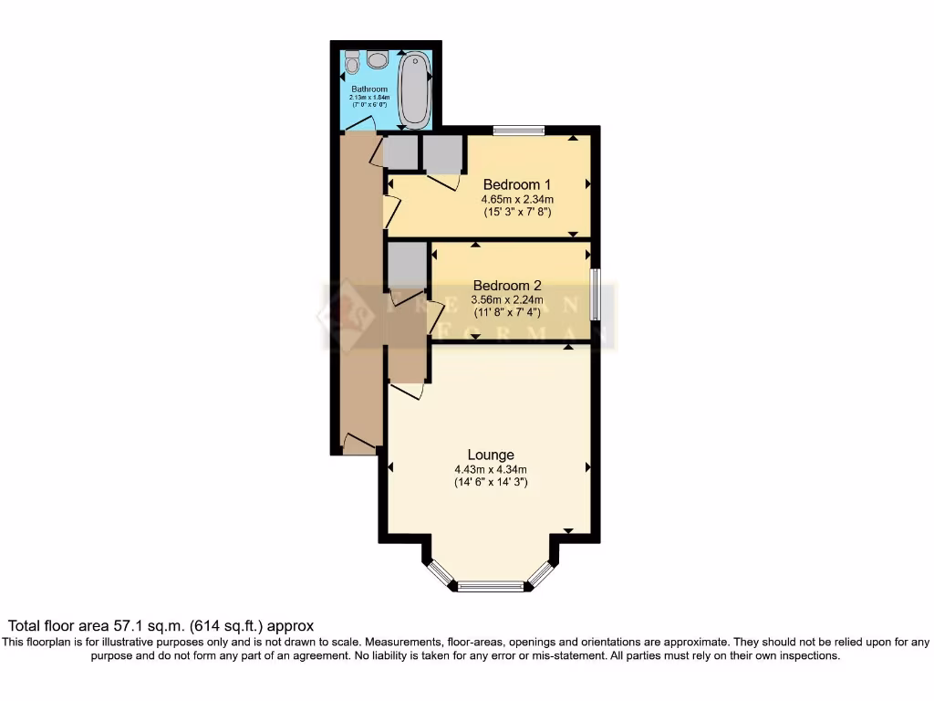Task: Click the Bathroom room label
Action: point(369,89)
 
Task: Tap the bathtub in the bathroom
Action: point(415,89)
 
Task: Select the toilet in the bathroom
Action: point(353,65)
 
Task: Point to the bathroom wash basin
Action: point(378,60)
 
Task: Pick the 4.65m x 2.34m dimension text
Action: point(517,199)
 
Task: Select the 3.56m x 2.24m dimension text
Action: point(506,299)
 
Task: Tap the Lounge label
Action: point(491,455)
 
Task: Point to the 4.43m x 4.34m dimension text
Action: point(491,470)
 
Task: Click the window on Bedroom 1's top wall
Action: point(519,131)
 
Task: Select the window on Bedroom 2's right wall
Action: point(595,293)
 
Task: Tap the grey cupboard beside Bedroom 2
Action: point(408,266)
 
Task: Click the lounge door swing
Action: point(408,391)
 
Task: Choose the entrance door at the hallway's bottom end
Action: point(359,445)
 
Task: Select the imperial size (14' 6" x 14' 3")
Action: point(491,484)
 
